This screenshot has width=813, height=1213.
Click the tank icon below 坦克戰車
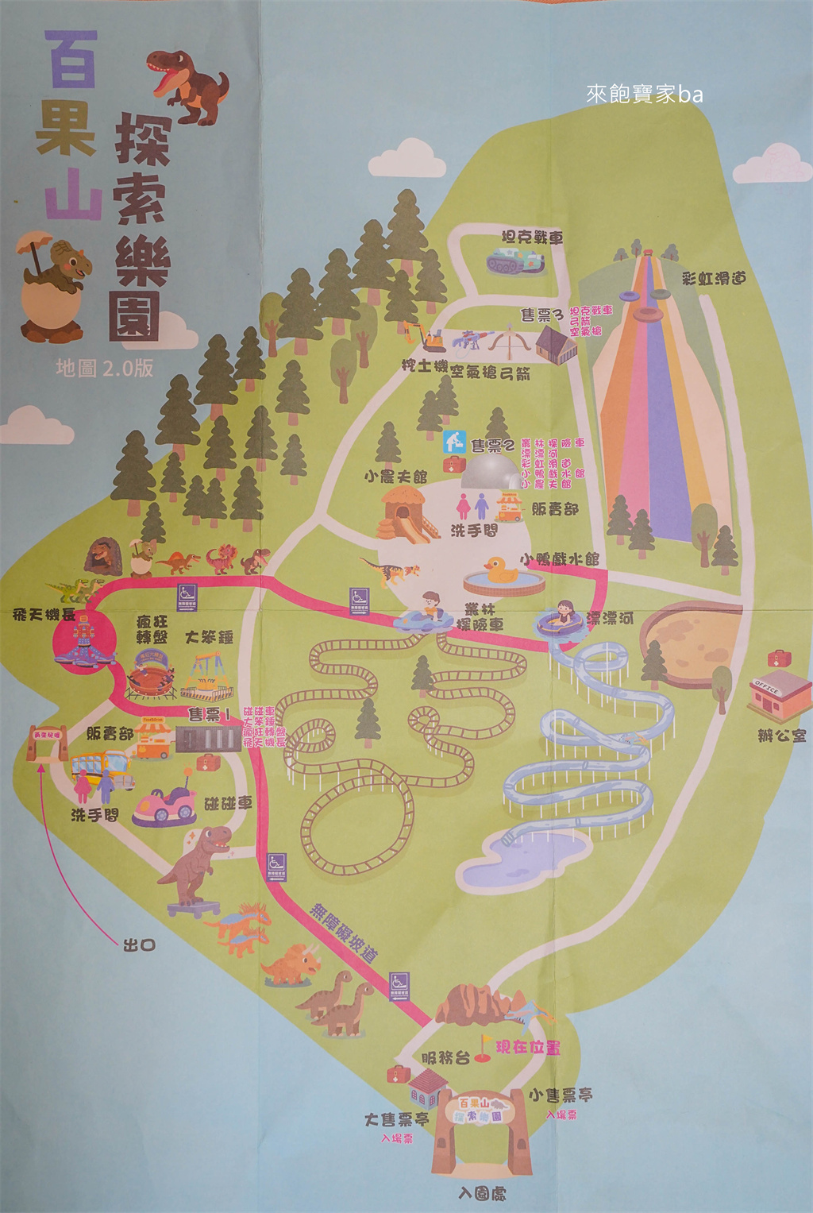tap(514, 261)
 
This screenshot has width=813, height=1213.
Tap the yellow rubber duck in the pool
tap(501, 570)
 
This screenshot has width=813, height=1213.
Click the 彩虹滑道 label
tap(714, 278)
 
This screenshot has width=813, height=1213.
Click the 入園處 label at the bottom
tap(482, 1193)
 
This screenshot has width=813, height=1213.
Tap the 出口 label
tap(139, 945)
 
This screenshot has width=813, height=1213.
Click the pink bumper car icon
tap(165, 803)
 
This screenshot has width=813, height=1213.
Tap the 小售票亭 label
tap(561, 1095)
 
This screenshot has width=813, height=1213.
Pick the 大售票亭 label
tap(396, 1119)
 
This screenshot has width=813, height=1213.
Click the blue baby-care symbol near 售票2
tap(454, 441)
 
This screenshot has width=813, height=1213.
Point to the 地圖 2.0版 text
tap(104, 368)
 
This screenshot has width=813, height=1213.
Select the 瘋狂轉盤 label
tap(152, 629)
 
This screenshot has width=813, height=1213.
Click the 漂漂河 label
tap(610, 618)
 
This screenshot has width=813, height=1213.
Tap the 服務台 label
tap(445, 1057)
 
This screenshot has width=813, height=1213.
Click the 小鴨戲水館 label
tap(560, 558)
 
